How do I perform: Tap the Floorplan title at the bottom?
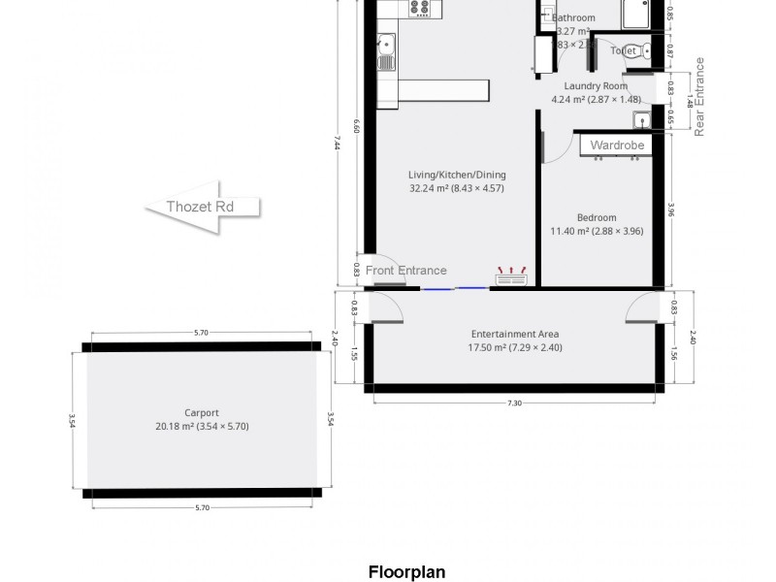coord(406,571)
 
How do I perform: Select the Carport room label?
coord(201,413)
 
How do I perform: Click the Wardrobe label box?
coord(617,145)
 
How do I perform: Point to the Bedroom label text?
coord(597,218)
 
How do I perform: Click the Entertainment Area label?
coord(515,335)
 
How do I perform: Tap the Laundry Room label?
coord(597,86)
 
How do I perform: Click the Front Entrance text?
coord(406,271)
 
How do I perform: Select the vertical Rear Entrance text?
coord(699,96)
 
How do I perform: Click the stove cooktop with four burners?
coord(420,8)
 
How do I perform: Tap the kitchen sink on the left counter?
coord(385,50)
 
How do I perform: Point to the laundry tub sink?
coord(641,120)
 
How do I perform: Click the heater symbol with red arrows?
coord(510,277)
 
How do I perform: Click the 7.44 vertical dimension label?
coord(337,142)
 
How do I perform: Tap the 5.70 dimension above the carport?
coord(201,333)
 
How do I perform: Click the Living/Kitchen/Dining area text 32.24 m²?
coord(456,188)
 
